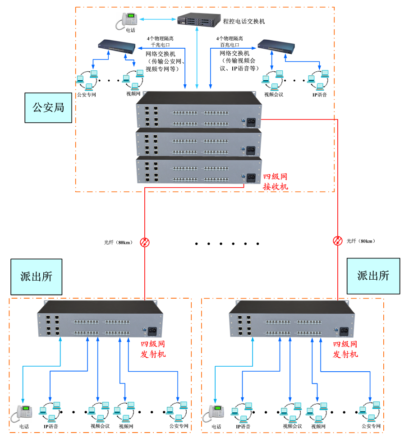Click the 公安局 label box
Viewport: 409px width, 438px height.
point(48,107)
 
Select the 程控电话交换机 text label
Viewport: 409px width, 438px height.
point(244,21)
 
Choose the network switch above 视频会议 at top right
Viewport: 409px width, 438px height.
point(276,45)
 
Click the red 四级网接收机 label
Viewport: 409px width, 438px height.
point(275,181)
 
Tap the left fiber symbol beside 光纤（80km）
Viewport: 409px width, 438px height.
point(145,242)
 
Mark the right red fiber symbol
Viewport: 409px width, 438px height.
point(337,240)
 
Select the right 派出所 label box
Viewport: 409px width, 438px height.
point(373,276)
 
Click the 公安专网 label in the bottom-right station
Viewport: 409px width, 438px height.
point(371,426)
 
